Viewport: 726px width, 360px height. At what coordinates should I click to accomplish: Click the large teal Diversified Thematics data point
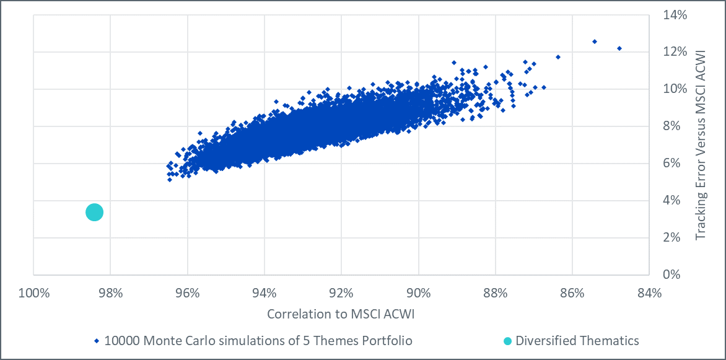pyautogui.click(x=94, y=213)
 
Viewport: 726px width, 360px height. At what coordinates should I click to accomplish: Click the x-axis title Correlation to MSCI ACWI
pyautogui.click(x=341, y=314)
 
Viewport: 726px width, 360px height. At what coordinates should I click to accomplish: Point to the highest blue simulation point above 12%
pyautogui.click(x=595, y=42)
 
